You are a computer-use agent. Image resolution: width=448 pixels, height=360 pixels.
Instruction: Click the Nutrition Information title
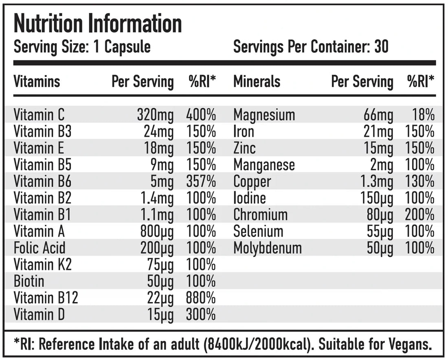[x=98, y=24]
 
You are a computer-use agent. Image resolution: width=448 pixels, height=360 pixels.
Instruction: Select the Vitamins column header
[x=37, y=82]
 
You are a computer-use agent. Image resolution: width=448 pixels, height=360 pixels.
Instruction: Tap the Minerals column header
[x=257, y=82]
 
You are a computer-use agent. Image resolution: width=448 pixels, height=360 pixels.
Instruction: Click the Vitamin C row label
[x=39, y=115]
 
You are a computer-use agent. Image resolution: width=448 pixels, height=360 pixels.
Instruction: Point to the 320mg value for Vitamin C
[x=155, y=115]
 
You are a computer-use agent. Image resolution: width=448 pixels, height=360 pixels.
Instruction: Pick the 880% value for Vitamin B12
[x=201, y=298]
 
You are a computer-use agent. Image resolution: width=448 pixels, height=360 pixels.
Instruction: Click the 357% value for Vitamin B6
[x=201, y=182]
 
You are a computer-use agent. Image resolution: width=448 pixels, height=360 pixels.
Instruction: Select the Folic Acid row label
[x=40, y=248]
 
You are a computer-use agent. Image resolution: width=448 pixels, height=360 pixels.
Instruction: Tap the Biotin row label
[x=29, y=282]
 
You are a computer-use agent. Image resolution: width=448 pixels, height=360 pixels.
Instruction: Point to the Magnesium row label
[x=264, y=115]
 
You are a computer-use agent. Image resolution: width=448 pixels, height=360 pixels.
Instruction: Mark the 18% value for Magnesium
[x=423, y=115]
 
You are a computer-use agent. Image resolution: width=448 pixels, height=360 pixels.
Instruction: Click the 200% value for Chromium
[x=420, y=215]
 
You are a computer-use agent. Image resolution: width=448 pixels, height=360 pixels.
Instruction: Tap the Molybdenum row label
[x=268, y=248]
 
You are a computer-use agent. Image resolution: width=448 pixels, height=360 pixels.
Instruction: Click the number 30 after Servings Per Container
[x=381, y=47]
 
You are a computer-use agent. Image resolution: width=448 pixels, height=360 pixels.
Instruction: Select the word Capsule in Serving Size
[x=127, y=47]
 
